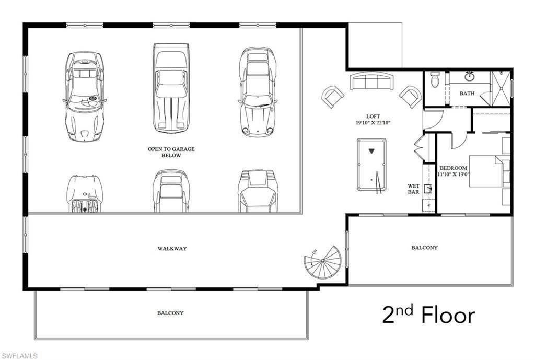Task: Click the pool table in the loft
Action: coord(371,165)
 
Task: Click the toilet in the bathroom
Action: coord(435,80)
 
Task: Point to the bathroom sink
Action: coord(470,76)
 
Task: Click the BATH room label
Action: coord(467,94)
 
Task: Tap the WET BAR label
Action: coord(413,189)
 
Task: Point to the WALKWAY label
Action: coord(172,249)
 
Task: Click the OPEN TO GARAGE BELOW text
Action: coord(171,152)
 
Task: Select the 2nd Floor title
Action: coord(428,315)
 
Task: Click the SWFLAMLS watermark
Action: coord(19,356)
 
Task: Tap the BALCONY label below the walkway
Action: coord(170,313)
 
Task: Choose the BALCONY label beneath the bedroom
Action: coord(424,248)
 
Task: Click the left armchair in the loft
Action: coord(332,97)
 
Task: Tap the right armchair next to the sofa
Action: coord(410,97)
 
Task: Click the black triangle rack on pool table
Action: coord(371,152)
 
